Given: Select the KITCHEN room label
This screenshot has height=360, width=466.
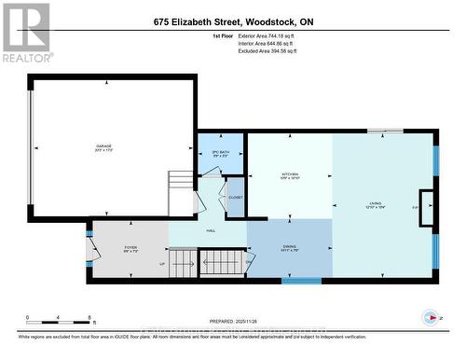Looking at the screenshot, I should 290,175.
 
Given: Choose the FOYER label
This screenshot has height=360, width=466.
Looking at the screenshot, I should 130,250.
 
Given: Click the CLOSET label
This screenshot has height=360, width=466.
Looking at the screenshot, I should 236,197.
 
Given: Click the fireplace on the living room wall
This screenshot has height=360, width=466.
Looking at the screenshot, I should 427,208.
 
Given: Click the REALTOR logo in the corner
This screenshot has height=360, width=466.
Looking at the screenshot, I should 25,32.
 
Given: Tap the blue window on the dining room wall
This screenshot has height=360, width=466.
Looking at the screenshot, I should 300,279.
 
